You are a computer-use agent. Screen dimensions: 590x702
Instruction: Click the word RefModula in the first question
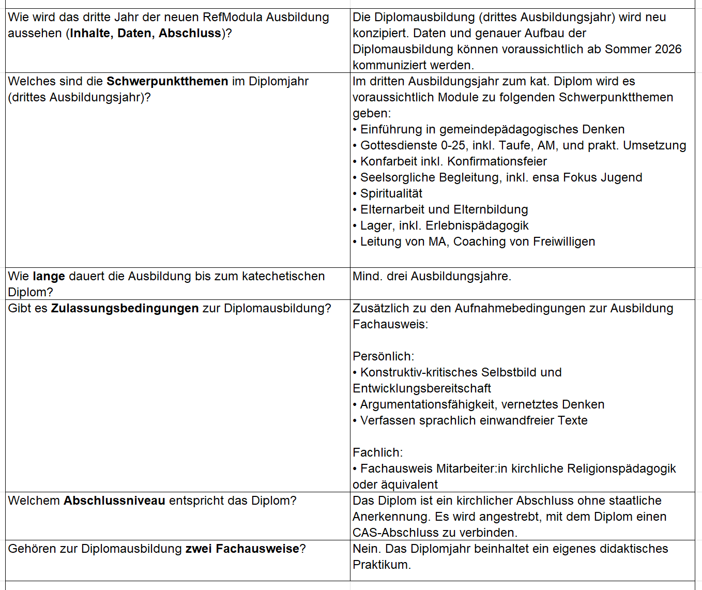[x=232, y=17]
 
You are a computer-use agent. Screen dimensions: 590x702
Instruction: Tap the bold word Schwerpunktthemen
[x=167, y=81]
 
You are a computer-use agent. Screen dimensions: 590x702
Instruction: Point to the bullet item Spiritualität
[x=391, y=193]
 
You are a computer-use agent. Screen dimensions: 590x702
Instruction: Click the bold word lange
[x=49, y=276]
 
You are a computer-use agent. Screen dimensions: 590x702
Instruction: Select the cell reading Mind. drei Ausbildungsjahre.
[x=432, y=276]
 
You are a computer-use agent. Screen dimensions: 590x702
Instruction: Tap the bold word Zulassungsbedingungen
[x=125, y=308]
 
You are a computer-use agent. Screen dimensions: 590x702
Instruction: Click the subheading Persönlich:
[x=383, y=356]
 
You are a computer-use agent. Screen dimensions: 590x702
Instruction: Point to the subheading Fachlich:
[x=377, y=452]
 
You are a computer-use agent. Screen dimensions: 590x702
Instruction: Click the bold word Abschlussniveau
[x=114, y=501]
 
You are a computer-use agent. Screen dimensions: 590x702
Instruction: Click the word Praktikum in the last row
[x=381, y=565]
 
